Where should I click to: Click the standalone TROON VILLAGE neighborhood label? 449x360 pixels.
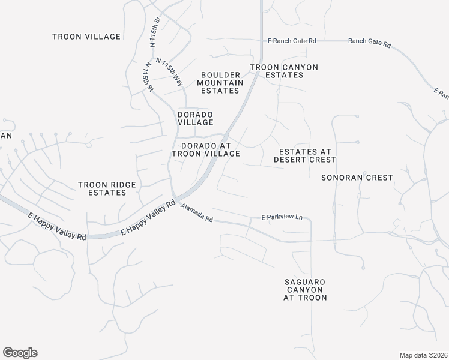[x=86, y=37]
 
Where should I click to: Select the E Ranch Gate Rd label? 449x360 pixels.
[x=292, y=41]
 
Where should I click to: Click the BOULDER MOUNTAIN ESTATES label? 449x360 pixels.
[x=220, y=83]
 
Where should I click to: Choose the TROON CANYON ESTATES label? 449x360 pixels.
[x=284, y=71]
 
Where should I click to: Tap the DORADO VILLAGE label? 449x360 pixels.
[x=196, y=118]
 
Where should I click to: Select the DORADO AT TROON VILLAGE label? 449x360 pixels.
[x=206, y=149]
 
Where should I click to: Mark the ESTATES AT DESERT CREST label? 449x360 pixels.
[x=304, y=155]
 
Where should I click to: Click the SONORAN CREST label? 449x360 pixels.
[x=357, y=178]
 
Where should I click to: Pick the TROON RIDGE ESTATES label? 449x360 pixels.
[x=106, y=188]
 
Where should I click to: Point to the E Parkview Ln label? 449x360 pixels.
[x=282, y=217]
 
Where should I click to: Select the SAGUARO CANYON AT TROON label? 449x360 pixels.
[x=306, y=289]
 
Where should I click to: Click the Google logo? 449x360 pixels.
[x=20, y=353]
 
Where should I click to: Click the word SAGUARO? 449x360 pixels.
[x=306, y=281]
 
